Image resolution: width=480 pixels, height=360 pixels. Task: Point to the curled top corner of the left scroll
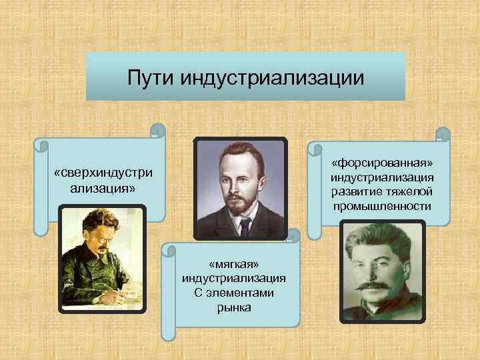[157, 129]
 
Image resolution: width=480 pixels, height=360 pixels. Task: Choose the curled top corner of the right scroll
[441, 134]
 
